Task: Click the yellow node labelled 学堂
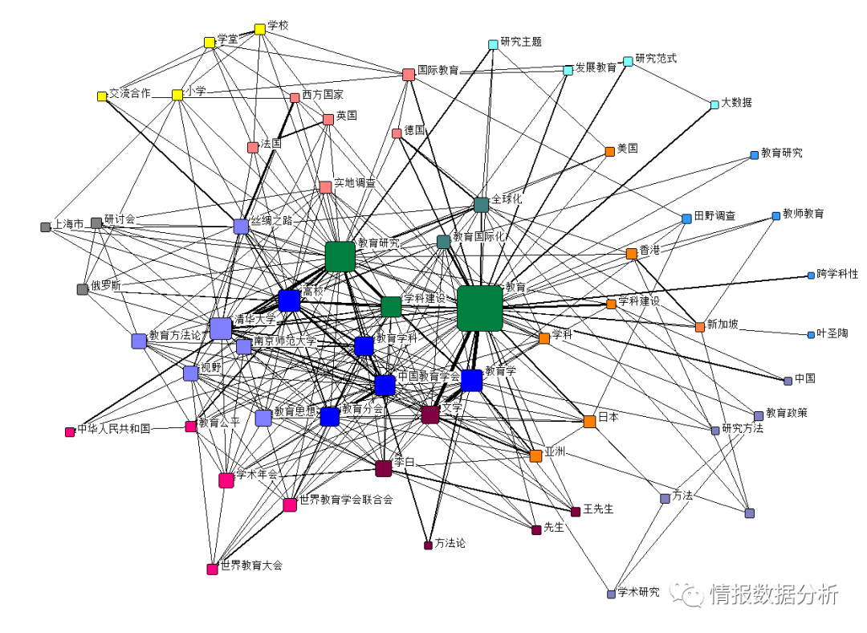(x=210, y=43)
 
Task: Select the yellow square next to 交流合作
(x=102, y=96)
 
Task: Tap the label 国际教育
(x=438, y=70)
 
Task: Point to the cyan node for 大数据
(x=714, y=105)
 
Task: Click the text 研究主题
(x=520, y=42)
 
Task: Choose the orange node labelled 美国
(x=610, y=151)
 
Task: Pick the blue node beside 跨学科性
(x=811, y=276)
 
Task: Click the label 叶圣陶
(x=832, y=333)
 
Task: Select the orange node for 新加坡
(x=700, y=327)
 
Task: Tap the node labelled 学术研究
(x=611, y=594)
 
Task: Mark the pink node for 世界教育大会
(x=212, y=570)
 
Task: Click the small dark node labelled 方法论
(x=428, y=545)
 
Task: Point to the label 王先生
(x=598, y=508)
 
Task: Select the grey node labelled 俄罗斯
(x=82, y=289)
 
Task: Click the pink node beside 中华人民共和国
(x=70, y=432)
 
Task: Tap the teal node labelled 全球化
(x=482, y=205)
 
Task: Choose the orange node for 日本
(x=590, y=421)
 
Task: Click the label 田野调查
(x=714, y=216)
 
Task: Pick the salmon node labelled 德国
(x=397, y=133)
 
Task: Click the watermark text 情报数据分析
(x=774, y=594)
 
